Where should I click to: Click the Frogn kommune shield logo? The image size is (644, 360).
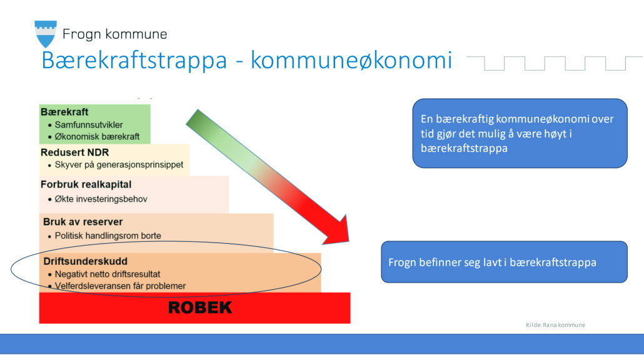click(45, 34)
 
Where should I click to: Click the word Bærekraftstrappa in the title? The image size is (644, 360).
click(134, 61)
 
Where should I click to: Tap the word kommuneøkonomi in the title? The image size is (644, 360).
click(351, 60)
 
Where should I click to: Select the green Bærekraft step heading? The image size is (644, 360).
click(64, 112)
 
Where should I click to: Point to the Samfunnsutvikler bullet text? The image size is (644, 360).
click(89, 125)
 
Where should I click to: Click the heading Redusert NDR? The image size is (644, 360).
click(75, 152)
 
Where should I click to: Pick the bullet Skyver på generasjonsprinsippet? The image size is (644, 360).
click(119, 164)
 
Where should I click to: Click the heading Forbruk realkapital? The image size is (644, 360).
click(86, 184)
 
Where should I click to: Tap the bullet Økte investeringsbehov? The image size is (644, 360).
click(101, 199)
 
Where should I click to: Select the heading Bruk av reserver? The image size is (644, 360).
click(83, 222)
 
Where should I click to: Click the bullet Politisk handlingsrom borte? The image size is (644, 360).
click(108, 236)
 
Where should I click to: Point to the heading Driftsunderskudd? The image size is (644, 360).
click(86, 261)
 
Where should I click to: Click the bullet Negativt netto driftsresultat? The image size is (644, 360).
click(108, 274)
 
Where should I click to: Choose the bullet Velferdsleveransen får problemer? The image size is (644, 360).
click(120, 286)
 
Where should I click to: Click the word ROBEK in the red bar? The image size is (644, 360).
click(200, 307)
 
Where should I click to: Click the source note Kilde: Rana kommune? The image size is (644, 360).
click(555, 325)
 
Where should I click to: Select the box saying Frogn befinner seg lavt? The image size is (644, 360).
click(505, 262)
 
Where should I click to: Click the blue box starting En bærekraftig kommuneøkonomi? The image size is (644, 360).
click(520, 133)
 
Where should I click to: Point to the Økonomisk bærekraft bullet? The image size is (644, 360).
click(98, 137)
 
